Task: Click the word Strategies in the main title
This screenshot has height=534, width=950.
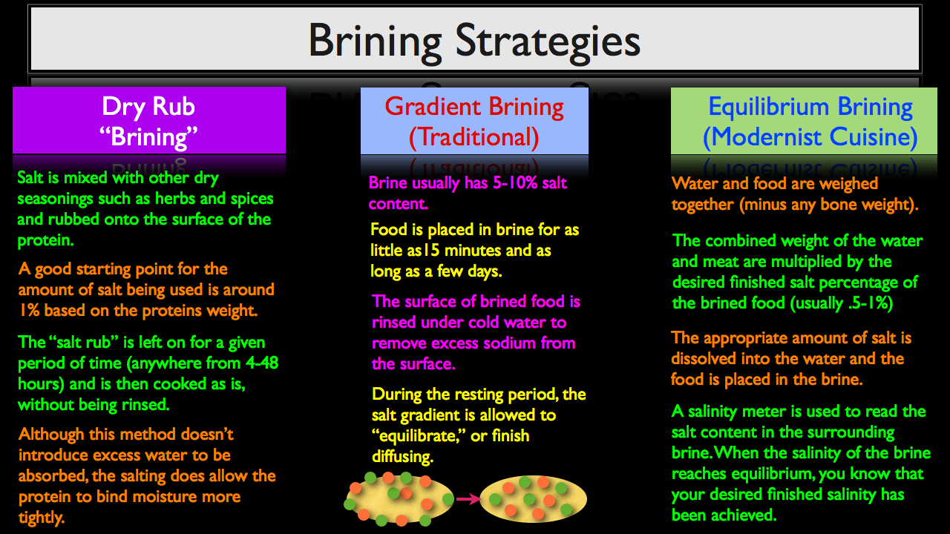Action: (548, 42)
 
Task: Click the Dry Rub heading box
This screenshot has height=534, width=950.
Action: (149, 120)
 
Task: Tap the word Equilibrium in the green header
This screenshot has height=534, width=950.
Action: (768, 106)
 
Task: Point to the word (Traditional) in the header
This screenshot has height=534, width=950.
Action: (474, 137)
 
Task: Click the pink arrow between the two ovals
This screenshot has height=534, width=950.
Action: (468, 499)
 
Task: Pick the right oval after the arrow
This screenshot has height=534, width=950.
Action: (533, 499)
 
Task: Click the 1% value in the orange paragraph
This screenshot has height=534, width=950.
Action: (29, 310)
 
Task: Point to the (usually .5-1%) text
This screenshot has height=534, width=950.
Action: (842, 303)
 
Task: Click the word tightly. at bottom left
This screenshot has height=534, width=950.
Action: (41, 518)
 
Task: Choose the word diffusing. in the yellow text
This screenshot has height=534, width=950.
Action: (402, 457)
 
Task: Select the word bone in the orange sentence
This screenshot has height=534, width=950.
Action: (839, 204)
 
